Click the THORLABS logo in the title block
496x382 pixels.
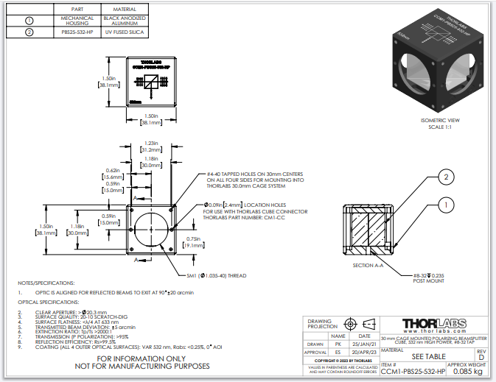click(x=435, y=324)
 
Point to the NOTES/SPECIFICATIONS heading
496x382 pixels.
click(x=46, y=283)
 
